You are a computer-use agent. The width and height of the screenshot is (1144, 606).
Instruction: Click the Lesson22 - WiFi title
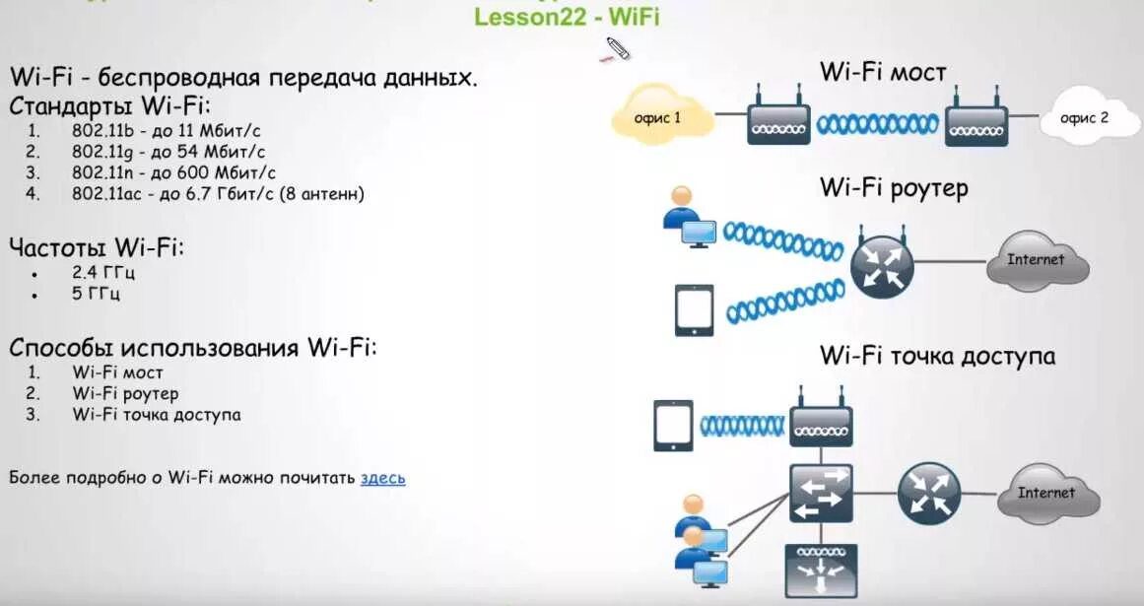coord(567,17)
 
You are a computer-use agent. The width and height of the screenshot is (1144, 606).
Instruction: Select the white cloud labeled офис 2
coord(1083,118)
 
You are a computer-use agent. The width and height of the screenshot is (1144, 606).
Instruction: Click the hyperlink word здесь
coord(382,478)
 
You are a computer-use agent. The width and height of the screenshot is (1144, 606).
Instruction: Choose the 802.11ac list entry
coord(217,193)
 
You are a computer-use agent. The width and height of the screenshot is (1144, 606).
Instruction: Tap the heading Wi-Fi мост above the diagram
coord(883,72)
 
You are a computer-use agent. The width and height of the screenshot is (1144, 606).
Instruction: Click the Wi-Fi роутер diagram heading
coord(894,187)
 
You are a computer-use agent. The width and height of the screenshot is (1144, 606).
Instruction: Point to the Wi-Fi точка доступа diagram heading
coord(936,355)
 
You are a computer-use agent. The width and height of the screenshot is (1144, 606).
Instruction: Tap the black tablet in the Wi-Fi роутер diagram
coord(694,310)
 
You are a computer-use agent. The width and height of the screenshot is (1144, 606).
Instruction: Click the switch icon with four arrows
coord(820,493)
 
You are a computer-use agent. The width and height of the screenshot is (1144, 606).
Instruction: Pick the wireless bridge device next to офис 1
coord(777,120)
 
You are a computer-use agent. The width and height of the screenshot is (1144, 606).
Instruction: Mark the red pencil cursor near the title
coord(616,48)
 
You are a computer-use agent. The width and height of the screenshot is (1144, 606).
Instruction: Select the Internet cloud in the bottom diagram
coord(1046,493)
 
